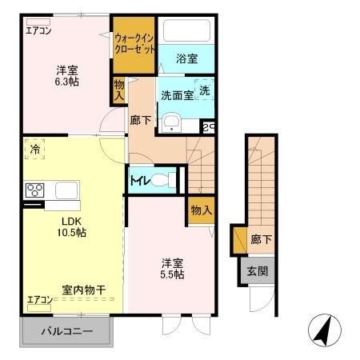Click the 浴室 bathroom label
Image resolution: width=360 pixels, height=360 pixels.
click(187, 58)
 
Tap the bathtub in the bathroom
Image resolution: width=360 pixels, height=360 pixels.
click(187, 30)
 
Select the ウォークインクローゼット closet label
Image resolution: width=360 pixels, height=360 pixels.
click(133, 43)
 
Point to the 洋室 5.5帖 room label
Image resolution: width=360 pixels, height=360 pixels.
click(172, 267)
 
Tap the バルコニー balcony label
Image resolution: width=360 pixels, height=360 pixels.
click(67, 331)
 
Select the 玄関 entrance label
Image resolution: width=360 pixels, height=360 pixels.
click(258, 270)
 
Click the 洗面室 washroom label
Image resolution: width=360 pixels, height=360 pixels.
click(176, 94)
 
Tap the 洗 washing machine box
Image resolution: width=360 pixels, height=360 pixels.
click(205, 91)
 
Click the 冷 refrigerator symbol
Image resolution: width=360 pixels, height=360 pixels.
click(34, 150)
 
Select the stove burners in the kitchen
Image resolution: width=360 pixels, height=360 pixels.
click(36, 190)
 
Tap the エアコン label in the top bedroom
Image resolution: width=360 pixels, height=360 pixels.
click(38, 31)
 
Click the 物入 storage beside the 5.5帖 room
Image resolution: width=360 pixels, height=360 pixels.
click(201, 210)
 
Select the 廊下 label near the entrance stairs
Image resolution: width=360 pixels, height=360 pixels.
click(258, 238)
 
